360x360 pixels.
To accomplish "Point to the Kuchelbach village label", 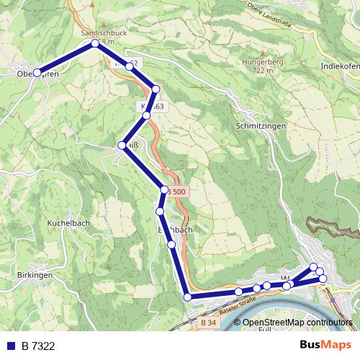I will [x=68, y=223].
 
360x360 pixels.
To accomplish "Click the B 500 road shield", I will [x=176, y=192].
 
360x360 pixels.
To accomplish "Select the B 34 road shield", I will [x=209, y=323].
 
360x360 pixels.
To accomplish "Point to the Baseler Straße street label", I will [x=238, y=305].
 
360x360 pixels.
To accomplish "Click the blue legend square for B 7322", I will [x=11, y=346].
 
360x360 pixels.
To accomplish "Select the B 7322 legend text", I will [x=38, y=346].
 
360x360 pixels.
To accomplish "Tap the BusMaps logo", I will [x=325, y=346].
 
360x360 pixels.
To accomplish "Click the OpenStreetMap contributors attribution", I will [x=297, y=323].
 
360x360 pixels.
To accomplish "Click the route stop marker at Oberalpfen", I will [x=37, y=72].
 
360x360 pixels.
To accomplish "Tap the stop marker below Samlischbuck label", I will [x=95, y=44].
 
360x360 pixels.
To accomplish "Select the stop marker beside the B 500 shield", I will [x=164, y=190].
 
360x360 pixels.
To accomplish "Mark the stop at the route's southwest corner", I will [x=187, y=297].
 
